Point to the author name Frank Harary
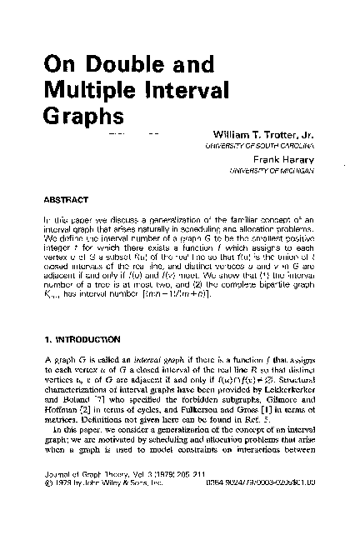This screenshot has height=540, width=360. coord(287,158)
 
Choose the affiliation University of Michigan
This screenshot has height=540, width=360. coord(272,170)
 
